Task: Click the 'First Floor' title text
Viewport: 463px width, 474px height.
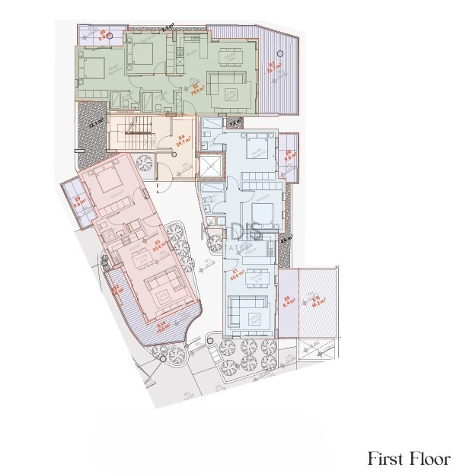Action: pos(409,459)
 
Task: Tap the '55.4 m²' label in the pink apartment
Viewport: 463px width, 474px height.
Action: pos(155,245)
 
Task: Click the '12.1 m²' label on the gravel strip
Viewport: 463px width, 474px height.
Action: pos(97,122)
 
